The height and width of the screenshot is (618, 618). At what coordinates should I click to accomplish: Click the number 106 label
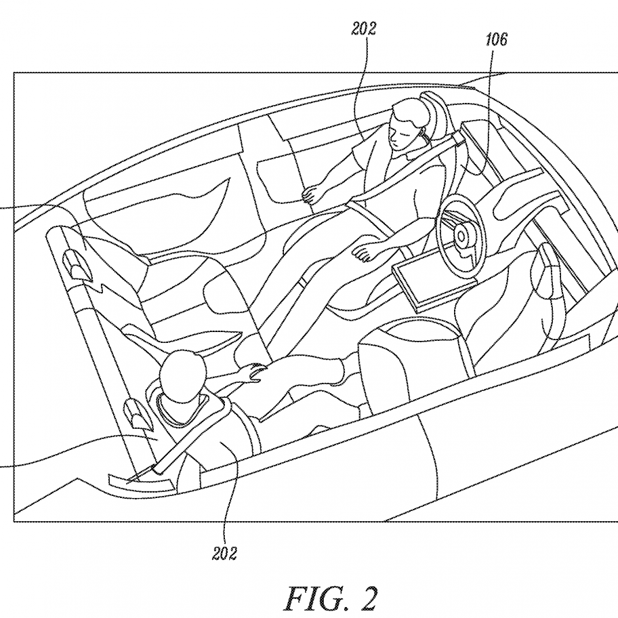click(x=497, y=40)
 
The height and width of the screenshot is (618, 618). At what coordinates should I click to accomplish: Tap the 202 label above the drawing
click(x=364, y=28)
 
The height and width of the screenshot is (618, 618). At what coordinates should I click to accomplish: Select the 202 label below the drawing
click(x=225, y=554)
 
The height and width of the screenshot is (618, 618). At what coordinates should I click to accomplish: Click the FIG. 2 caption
click(x=331, y=598)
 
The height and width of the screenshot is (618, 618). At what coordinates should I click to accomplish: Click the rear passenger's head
click(x=182, y=373)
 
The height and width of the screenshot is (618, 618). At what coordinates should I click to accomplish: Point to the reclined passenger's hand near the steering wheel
click(x=365, y=251)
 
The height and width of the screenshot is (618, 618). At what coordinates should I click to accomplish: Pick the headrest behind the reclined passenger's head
click(x=436, y=115)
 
